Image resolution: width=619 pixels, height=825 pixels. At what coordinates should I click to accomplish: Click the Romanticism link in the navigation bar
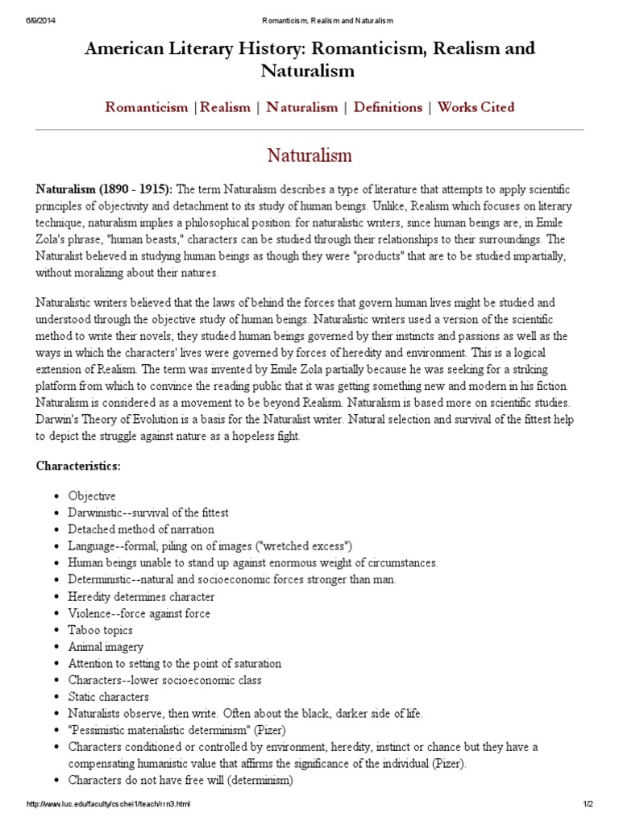pyautogui.click(x=146, y=107)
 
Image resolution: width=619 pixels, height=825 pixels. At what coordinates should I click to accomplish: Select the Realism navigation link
pyautogui.click(x=226, y=107)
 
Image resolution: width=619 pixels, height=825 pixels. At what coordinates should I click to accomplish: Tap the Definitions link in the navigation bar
pyautogui.click(x=388, y=107)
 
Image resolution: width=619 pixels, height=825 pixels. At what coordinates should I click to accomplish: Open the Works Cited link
pyautogui.click(x=476, y=107)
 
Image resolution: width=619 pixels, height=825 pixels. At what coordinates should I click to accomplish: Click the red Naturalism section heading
pyautogui.click(x=309, y=154)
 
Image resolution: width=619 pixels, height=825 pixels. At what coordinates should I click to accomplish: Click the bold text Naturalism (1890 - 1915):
pyautogui.click(x=104, y=189)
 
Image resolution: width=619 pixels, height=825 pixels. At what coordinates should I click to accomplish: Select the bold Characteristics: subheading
pyautogui.click(x=78, y=466)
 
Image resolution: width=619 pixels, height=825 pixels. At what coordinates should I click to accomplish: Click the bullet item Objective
pyautogui.click(x=92, y=495)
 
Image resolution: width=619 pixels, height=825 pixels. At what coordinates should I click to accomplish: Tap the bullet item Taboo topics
pyautogui.click(x=101, y=630)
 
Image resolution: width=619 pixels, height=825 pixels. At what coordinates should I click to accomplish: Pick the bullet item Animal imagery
pyautogui.click(x=106, y=647)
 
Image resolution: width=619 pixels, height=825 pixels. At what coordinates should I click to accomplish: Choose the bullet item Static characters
pyautogui.click(x=108, y=696)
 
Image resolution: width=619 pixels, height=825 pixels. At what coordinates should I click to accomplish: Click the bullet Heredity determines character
pyautogui.click(x=141, y=597)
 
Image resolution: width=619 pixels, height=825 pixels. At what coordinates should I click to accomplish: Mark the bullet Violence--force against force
pyautogui.click(x=139, y=613)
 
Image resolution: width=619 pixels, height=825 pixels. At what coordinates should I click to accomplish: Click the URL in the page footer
pyautogui.click(x=109, y=805)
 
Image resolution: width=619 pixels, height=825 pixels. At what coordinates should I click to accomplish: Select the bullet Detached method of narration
pyautogui.click(x=141, y=529)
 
